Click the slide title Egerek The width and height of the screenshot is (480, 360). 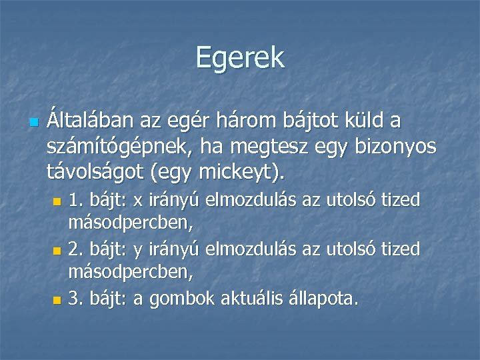tap(240, 58)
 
